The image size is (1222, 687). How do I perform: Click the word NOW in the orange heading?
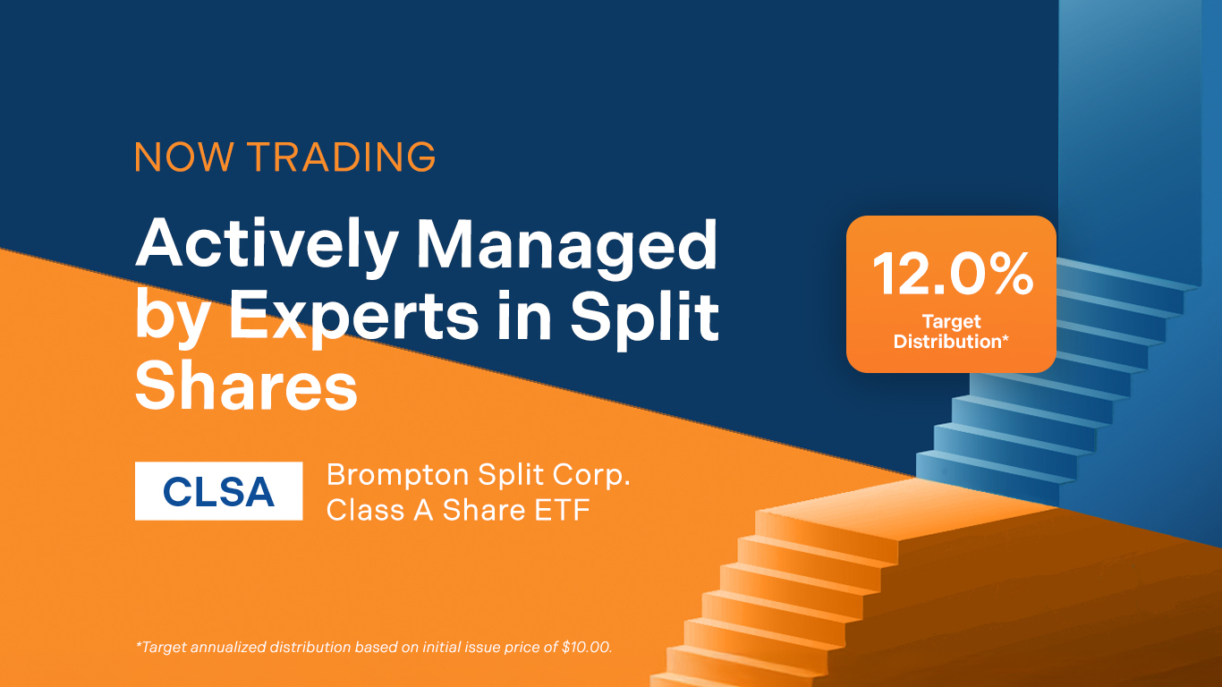coord(184,157)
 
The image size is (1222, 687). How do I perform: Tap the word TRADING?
coord(342,157)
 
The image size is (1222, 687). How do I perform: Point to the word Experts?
coord(353,318)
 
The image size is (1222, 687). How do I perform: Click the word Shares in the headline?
coord(246,387)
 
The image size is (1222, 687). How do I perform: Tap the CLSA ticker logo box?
coord(219,491)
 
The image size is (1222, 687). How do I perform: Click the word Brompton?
coord(398,476)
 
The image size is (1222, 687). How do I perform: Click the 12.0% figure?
coord(953,274)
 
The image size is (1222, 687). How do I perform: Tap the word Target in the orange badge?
coord(952,322)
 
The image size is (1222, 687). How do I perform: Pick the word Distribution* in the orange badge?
coord(951,342)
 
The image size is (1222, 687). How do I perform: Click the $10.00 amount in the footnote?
coord(587,647)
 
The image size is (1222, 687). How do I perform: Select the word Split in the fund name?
coord(512,476)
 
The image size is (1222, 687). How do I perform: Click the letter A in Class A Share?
coord(423,510)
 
